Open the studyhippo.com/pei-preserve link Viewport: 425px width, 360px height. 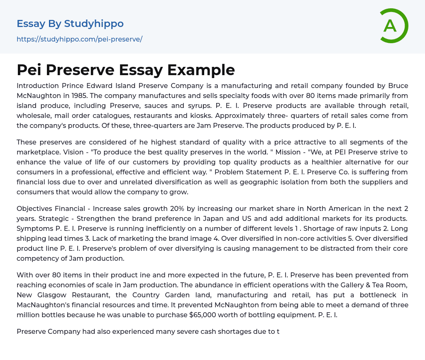(79, 39)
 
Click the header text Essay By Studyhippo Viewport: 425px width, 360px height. (70, 24)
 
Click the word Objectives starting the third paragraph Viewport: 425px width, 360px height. (34, 208)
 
